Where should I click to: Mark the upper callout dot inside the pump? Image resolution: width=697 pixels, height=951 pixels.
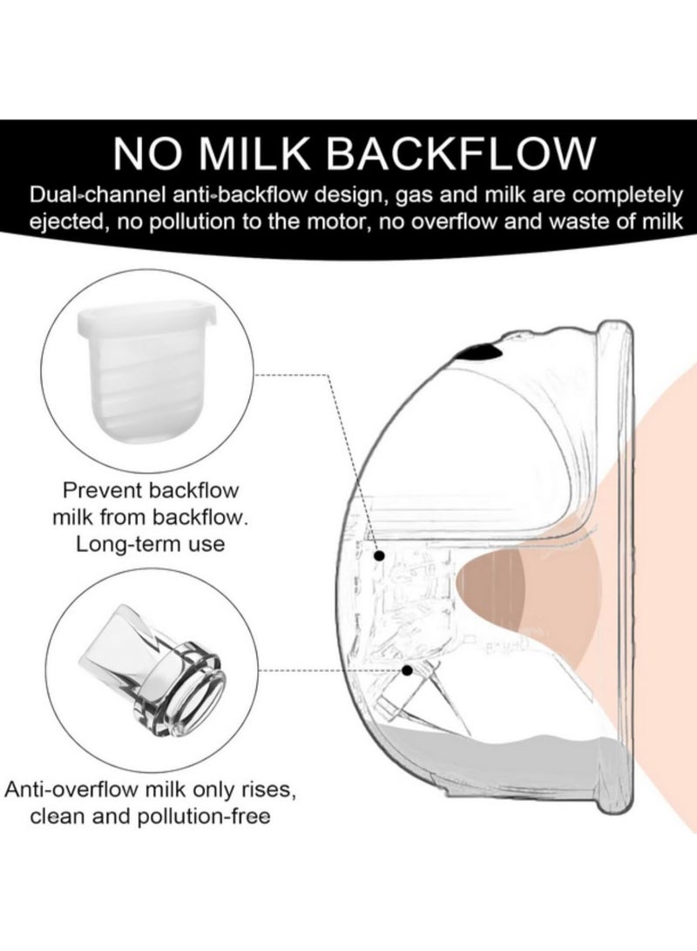coord(380,554)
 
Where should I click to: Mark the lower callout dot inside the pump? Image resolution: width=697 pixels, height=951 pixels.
coord(408,669)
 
